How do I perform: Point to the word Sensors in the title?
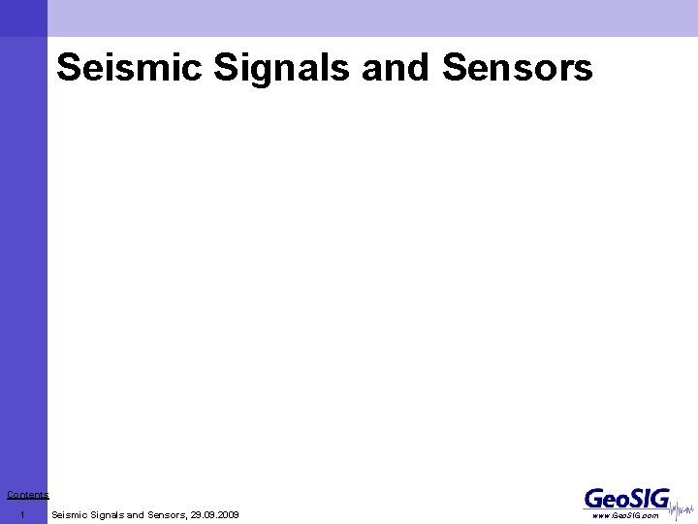[x=517, y=68]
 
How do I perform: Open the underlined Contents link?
[x=27, y=495]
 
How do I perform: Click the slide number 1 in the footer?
[x=21, y=514]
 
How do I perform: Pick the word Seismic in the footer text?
[x=70, y=514]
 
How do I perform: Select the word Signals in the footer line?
[x=107, y=514]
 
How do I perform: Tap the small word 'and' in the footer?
[x=135, y=514]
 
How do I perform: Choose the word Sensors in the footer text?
[x=166, y=514]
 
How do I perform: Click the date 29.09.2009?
[x=215, y=514]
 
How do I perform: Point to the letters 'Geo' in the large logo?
[x=605, y=499]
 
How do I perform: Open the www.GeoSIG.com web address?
[x=625, y=515]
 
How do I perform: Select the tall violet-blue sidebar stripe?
[x=23, y=262]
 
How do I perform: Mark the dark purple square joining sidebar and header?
[x=23, y=17]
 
